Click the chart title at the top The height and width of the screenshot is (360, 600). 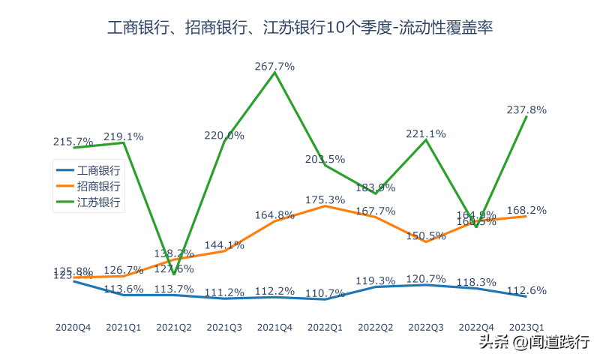[x=300, y=28]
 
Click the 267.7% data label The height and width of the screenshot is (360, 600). [x=274, y=66]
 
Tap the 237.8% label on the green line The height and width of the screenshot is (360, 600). [x=526, y=109]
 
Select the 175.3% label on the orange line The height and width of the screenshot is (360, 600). [x=325, y=199]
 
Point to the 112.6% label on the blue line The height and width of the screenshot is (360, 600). [x=526, y=290]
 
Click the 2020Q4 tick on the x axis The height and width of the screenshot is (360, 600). [x=73, y=327]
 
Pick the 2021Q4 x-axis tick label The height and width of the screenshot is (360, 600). [x=274, y=327]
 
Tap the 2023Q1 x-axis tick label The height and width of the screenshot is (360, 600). [x=526, y=327]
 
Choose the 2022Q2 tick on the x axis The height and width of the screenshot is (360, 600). [x=376, y=327]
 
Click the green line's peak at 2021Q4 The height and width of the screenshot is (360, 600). [x=274, y=73]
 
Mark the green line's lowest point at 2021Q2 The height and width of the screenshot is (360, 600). [x=174, y=274]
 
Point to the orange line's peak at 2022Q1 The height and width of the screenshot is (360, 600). [x=325, y=205]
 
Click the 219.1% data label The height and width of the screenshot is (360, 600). [x=124, y=136]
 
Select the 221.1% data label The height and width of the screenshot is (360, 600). [x=426, y=133]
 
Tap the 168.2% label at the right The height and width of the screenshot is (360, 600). [x=526, y=210]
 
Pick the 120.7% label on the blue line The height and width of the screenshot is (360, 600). [x=426, y=278]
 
